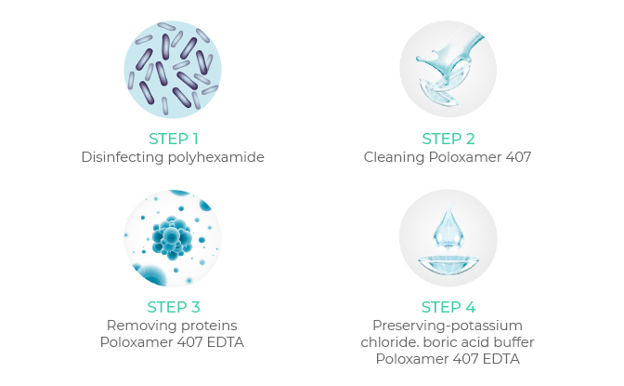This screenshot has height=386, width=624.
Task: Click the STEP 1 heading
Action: click(173, 139)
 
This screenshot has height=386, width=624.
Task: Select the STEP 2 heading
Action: click(448, 139)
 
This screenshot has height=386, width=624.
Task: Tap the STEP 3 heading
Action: click(174, 307)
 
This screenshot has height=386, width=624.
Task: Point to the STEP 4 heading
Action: click(448, 307)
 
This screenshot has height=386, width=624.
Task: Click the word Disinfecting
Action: click(123, 157)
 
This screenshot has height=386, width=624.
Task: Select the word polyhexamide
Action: click(215, 157)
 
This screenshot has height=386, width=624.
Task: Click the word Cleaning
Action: click(394, 157)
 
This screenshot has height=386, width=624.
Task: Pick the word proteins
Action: click(206, 326)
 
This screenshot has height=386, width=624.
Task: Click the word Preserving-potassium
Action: click(448, 326)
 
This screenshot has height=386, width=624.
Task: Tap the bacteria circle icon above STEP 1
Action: click(173, 70)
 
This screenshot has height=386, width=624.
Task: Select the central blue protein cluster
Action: click(172, 238)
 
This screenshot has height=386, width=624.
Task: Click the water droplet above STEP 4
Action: click(448, 227)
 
